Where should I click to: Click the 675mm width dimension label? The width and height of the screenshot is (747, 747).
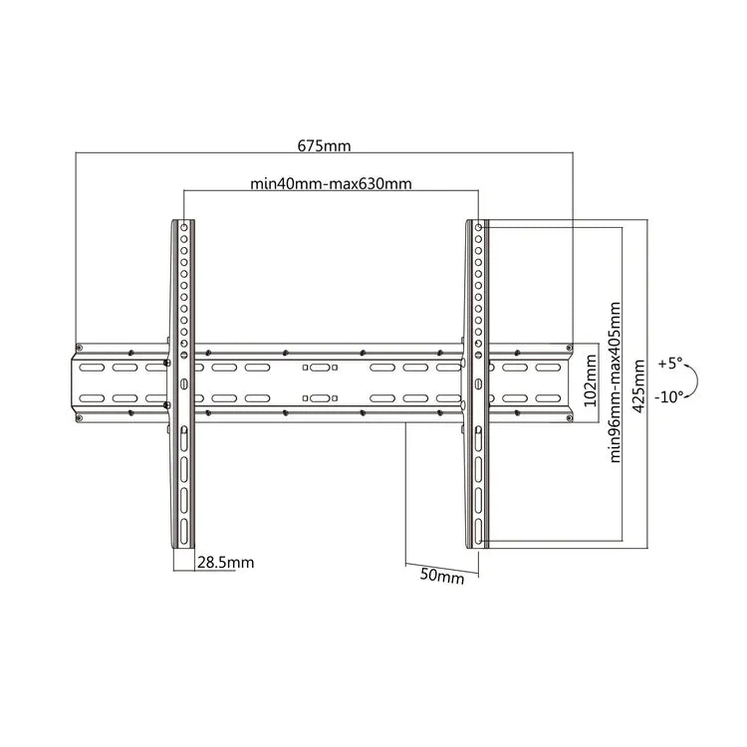point(325,145)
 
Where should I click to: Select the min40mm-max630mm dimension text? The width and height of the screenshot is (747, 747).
point(331,183)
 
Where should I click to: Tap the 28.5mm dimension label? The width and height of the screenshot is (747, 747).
point(225,563)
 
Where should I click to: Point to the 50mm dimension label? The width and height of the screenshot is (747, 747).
point(441,576)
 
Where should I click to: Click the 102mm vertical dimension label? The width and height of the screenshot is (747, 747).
point(591,384)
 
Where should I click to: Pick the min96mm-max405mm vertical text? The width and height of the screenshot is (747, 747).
point(616,384)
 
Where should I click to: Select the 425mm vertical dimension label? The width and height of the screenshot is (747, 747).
point(638,384)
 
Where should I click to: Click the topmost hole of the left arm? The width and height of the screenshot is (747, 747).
point(184,227)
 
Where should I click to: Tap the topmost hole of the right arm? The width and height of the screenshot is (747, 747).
point(479,227)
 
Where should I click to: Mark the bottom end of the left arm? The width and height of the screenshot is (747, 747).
point(184,544)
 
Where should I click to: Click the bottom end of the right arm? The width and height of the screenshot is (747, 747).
point(478,544)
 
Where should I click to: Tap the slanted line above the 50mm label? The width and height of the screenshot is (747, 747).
point(442,562)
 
